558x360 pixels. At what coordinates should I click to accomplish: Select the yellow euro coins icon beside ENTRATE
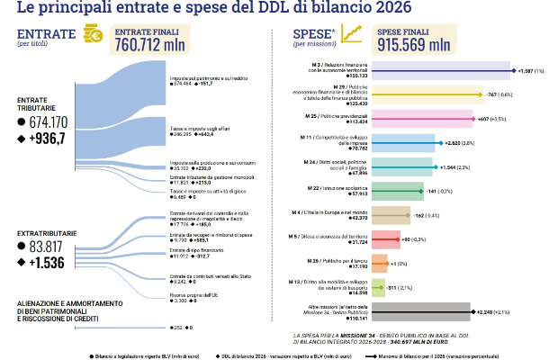(x=92, y=35)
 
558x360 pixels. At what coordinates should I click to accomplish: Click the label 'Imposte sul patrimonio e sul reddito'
(x=207, y=78)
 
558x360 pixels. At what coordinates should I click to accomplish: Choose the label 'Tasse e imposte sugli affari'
(x=199, y=129)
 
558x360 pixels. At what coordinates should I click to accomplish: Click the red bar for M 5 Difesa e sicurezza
(x=385, y=239)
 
